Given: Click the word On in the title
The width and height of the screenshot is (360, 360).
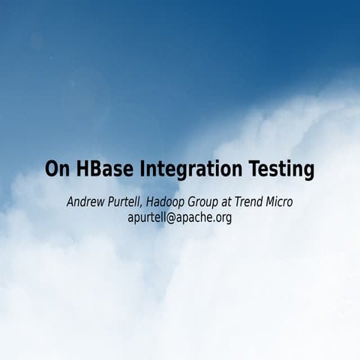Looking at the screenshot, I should point(56,169).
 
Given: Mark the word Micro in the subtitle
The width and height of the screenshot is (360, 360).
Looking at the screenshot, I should point(298,202).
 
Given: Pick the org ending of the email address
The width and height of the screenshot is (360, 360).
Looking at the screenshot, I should point(223,219).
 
